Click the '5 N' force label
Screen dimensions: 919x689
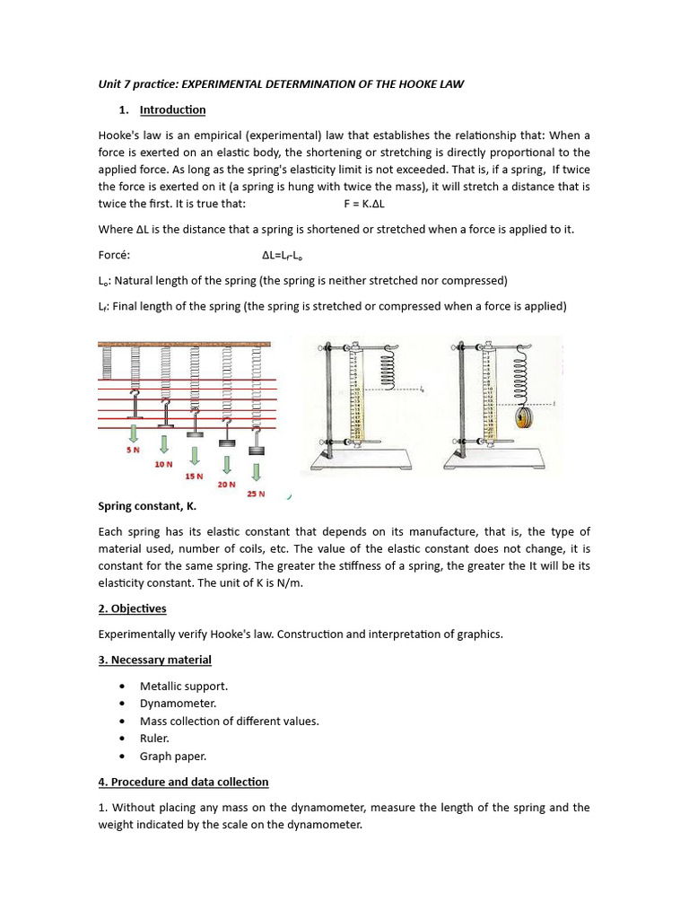pos(133,450)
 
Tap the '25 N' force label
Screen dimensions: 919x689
pos(257,493)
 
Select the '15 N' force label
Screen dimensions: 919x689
pos(194,476)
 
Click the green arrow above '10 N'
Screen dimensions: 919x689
pos(164,443)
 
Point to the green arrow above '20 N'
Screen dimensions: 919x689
pos(226,464)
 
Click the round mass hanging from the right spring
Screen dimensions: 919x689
pos(520,418)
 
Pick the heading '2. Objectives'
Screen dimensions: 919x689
pos(132,608)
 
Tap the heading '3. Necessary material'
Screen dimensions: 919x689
pos(154,660)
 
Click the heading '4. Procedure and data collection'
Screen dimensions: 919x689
pos(183,782)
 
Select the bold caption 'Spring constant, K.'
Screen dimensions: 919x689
pos(147,506)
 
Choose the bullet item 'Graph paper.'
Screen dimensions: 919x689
pos(172,756)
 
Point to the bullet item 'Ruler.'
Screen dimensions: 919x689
pos(154,739)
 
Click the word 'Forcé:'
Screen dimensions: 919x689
pos(114,254)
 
